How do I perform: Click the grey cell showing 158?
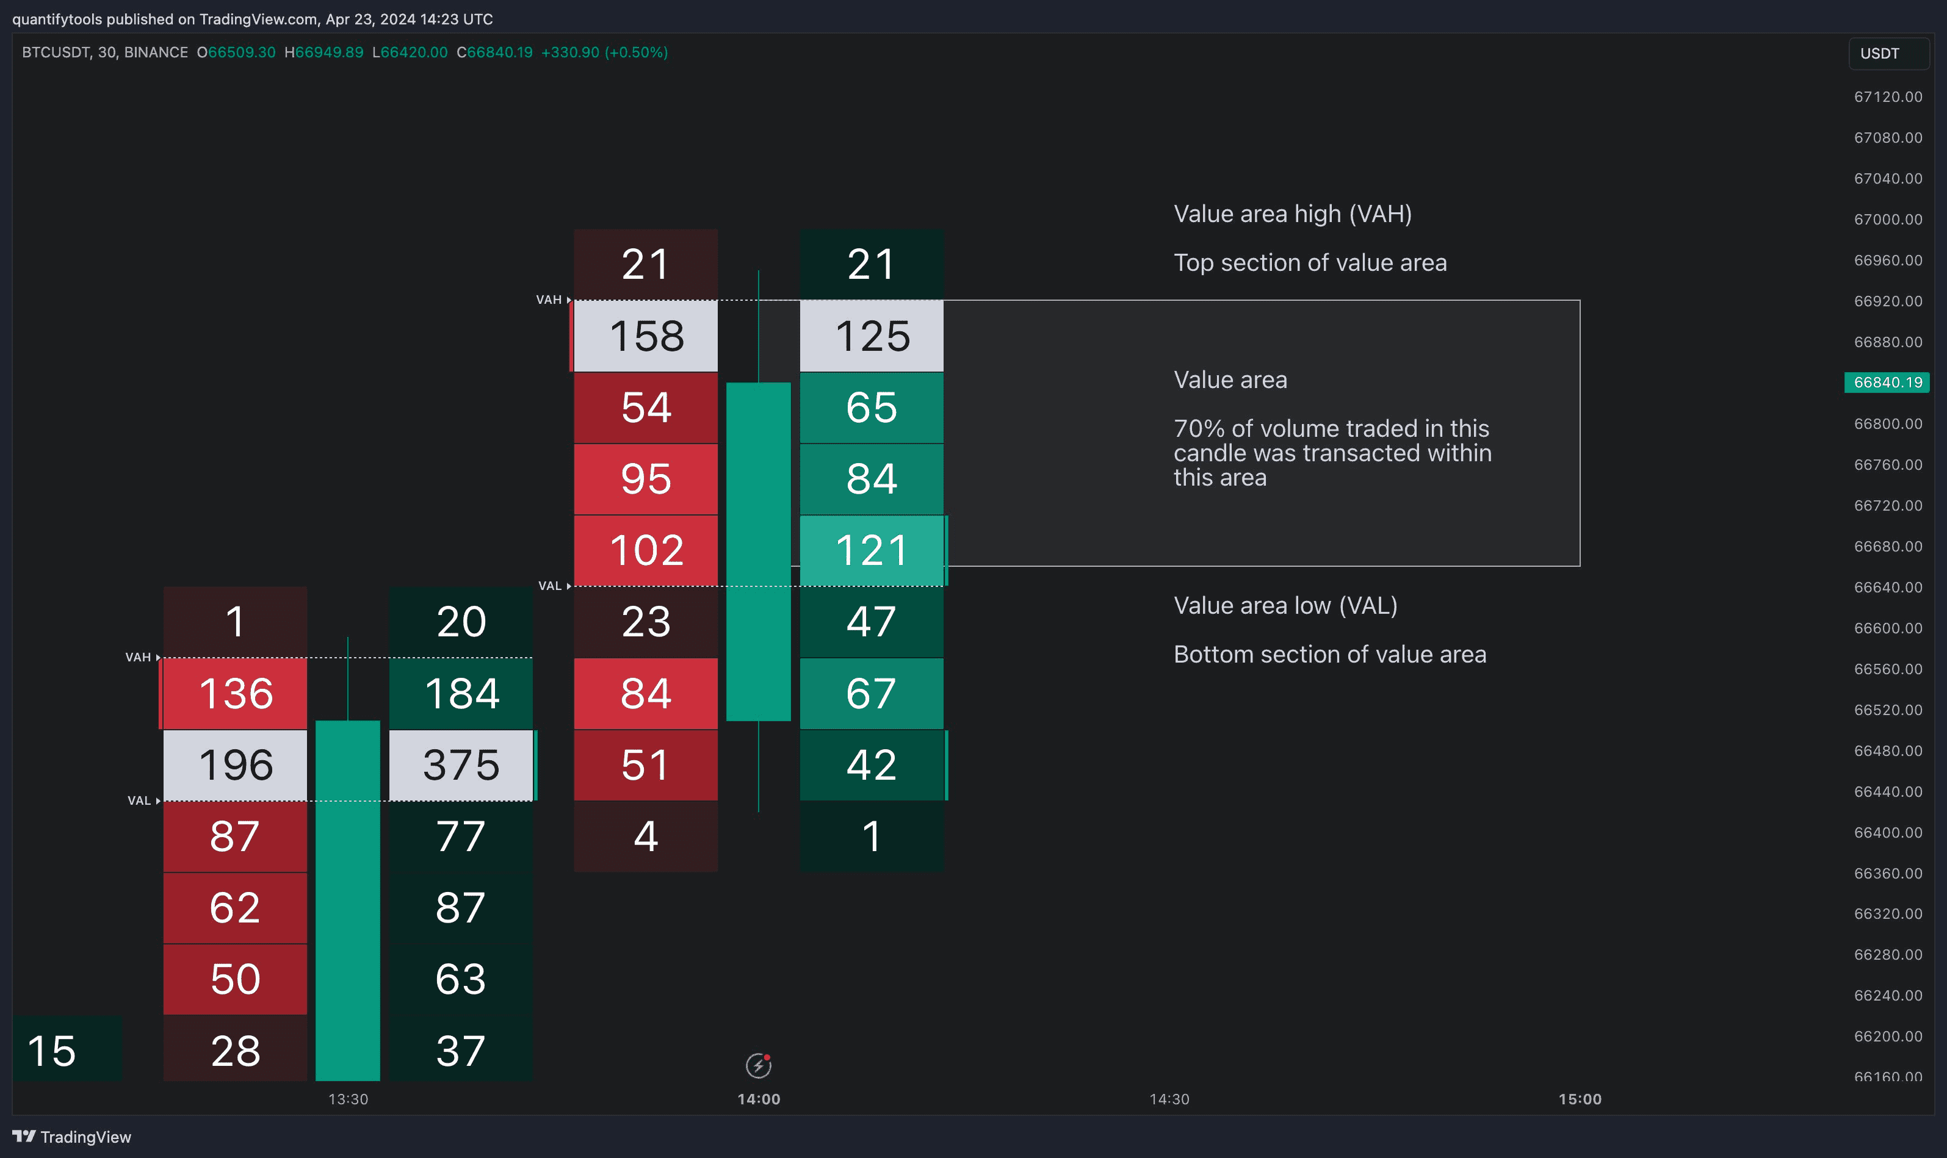(x=646, y=336)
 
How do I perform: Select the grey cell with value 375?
(x=461, y=764)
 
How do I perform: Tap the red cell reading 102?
(x=646, y=550)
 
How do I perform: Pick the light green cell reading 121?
(x=872, y=550)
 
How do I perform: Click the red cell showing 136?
(x=236, y=693)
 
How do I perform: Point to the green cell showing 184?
(x=461, y=693)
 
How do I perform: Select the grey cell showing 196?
(x=236, y=764)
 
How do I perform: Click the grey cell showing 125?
(x=872, y=336)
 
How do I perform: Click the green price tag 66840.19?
(x=1887, y=383)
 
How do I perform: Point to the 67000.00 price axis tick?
(x=1887, y=219)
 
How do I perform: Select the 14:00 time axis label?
(x=759, y=1099)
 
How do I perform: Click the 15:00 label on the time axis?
(x=1580, y=1099)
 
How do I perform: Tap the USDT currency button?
(x=1888, y=54)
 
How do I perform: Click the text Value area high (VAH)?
(x=1292, y=214)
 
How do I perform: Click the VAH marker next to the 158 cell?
(x=549, y=300)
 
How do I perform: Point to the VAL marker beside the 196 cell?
(x=140, y=800)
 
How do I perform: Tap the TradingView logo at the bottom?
(x=72, y=1137)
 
